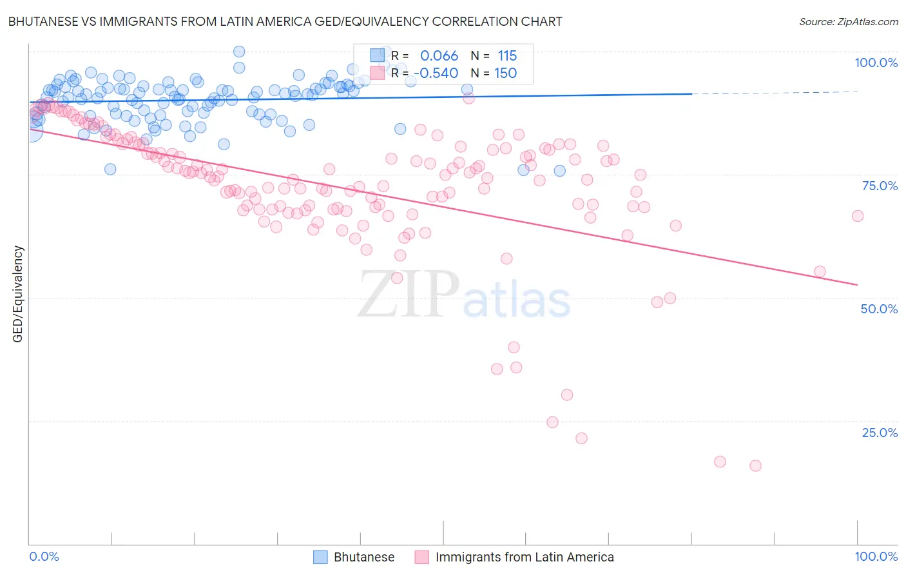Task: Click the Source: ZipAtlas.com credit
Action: pos(848,21)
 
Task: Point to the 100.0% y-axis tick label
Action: pos(876,63)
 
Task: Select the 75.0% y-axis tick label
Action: pos(880,186)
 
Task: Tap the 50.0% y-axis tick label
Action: pos(879,309)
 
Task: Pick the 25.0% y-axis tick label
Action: pos(880,433)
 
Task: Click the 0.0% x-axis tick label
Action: pos(44,556)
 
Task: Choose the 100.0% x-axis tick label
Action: pos(876,556)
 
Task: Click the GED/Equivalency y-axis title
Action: pos(18,294)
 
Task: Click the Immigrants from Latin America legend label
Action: pos(525,557)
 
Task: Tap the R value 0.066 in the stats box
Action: pos(439,56)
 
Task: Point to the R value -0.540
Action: pos(436,73)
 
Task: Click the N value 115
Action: pos(507,56)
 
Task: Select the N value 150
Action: pos(505,73)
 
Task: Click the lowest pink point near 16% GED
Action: pos(755,465)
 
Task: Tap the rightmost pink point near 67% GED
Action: pos(857,216)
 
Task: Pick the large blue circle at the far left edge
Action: pos(32,130)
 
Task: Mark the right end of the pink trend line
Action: pos(857,284)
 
